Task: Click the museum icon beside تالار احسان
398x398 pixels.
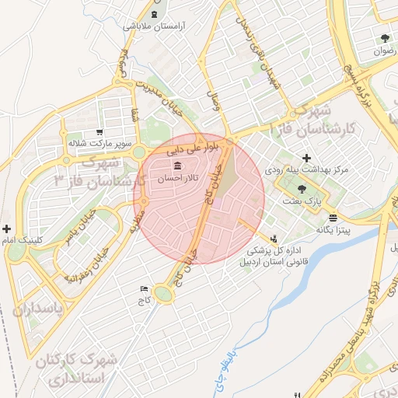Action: [x=179, y=167]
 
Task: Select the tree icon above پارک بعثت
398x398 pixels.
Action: [x=302, y=189]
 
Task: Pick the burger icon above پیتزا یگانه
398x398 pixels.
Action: [x=333, y=218]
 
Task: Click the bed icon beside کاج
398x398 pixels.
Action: [x=142, y=288]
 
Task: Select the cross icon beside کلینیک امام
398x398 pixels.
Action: [x=7, y=229]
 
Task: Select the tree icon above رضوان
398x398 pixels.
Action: [x=384, y=38]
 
